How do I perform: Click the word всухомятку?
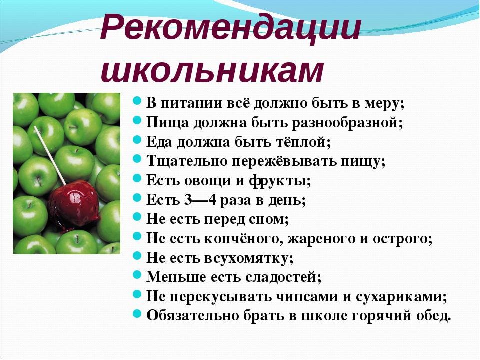coord(249,258)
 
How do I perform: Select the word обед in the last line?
coord(434,316)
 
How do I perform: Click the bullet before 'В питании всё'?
coord(137,100)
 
